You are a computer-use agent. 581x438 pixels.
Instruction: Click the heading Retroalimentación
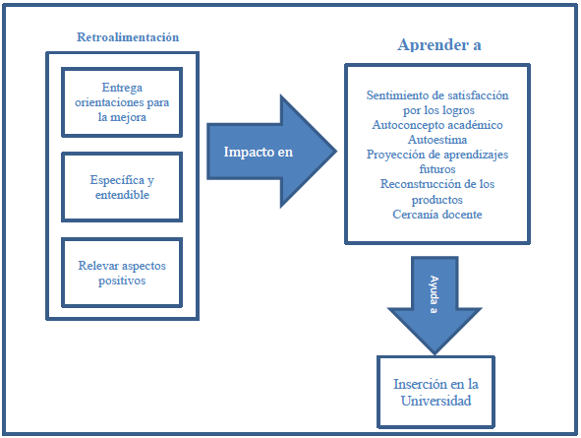coord(128,37)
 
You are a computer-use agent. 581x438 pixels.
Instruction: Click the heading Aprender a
coord(439,45)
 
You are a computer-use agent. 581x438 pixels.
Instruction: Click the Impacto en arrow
coord(271,152)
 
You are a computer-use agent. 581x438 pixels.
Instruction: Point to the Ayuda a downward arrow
coord(435,305)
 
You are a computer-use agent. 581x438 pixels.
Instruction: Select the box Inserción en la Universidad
coord(436,392)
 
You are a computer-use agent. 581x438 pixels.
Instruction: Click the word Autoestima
coord(437,140)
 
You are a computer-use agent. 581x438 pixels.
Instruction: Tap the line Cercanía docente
coord(437,215)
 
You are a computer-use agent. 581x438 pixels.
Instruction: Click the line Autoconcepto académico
coord(437,125)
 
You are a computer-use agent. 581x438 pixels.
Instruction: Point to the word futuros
coord(437,169)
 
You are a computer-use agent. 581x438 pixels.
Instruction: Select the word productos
coord(437,200)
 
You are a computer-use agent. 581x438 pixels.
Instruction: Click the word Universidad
coord(436,401)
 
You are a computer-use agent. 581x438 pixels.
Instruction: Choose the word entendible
coord(122,195)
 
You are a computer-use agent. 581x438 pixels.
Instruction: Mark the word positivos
coord(122,281)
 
